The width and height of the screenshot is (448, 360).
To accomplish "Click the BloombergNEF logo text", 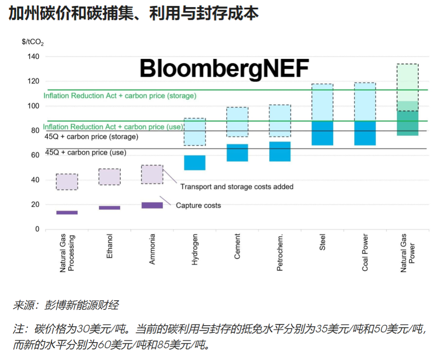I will (x=224, y=69).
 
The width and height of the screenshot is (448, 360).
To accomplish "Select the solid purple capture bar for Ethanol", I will (x=110, y=208).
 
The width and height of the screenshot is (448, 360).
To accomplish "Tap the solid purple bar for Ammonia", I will (x=152, y=205).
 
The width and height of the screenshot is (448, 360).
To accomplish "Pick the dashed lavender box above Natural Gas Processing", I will (x=67, y=181).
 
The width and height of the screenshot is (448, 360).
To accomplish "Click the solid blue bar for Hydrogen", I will (x=195, y=163).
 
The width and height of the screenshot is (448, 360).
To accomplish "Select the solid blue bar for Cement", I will (x=237, y=153).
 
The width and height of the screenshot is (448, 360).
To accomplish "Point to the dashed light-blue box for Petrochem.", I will (x=280, y=120).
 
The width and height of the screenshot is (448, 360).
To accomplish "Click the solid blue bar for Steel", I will (x=322, y=133).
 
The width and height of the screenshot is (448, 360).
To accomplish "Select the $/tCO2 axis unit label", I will (x=33, y=42).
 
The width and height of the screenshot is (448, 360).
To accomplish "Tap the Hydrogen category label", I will (x=195, y=250).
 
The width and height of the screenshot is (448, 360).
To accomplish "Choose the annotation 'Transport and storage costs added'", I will (x=236, y=187).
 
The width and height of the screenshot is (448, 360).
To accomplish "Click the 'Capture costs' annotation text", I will (x=198, y=205).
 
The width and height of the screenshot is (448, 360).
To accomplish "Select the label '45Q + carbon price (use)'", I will (x=85, y=152).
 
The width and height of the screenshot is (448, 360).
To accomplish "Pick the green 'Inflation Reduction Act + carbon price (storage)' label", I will (x=120, y=96).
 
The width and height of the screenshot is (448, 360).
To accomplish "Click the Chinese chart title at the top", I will (x=134, y=14).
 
